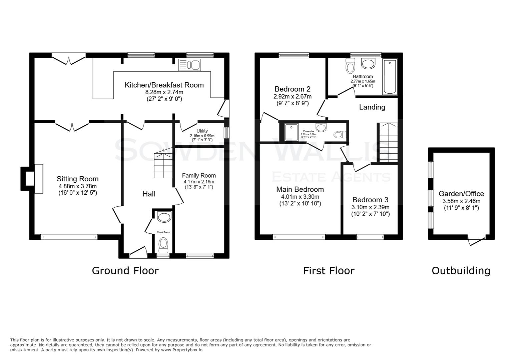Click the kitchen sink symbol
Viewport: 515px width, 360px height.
(x=189, y=65)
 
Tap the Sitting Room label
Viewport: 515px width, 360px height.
(x=77, y=179)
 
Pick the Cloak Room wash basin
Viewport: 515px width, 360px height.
(x=163, y=217)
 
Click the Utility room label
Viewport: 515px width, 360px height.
(x=202, y=131)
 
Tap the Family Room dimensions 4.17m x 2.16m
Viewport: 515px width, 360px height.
(x=199, y=182)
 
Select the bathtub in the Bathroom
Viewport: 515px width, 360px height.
(x=390, y=77)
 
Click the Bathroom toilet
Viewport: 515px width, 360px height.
(x=350, y=66)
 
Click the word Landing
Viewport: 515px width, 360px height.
(x=372, y=107)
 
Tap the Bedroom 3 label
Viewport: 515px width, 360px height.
(x=370, y=200)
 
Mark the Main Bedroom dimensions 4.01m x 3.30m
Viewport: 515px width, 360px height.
(x=300, y=197)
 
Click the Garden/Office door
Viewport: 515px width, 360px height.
(x=476, y=240)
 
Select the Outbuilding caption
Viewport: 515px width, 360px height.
(x=461, y=270)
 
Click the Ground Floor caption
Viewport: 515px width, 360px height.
(x=125, y=270)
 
